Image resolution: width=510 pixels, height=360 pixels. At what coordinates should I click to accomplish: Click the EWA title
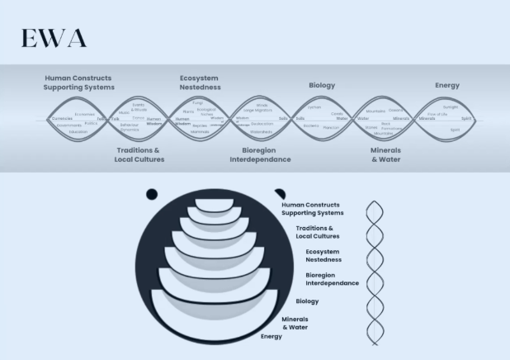click(x=54, y=39)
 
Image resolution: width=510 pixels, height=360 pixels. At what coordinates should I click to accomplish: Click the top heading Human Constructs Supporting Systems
click(x=78, y=83)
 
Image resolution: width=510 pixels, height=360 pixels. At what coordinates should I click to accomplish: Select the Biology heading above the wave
click(x=322, y=85)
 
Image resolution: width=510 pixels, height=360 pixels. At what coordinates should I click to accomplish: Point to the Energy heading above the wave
click(x=447, y=85)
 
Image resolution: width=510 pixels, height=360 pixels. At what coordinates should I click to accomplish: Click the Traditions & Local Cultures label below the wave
click(x=139, y=154)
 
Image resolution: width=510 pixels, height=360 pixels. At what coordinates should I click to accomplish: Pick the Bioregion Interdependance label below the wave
click(x=261, y=154)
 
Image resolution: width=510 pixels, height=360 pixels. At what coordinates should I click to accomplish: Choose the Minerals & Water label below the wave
click(x=385, y=154)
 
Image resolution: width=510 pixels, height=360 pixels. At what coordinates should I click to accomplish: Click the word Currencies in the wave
click(x=62, y=119)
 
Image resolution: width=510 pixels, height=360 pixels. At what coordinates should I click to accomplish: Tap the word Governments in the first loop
click(x=69, y=126)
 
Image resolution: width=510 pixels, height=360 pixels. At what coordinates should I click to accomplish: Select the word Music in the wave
click(x=124, y=112)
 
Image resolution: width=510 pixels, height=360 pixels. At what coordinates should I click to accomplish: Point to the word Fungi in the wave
click(x=197, y=103)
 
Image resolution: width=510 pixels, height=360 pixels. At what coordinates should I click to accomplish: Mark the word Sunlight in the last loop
click(x=451, y=107)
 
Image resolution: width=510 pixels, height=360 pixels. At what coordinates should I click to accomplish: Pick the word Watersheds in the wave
click(x=262, y=131)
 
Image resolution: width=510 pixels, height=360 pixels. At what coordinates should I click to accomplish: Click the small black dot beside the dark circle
click(x=152, y=194)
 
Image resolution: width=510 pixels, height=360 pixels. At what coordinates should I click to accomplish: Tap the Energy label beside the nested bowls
click(x=272, y=337)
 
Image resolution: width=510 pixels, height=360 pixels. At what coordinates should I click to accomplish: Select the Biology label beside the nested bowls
click(x=307, y=301)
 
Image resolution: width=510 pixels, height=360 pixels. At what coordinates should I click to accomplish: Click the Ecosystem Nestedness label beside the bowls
click(x=323, y=255)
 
